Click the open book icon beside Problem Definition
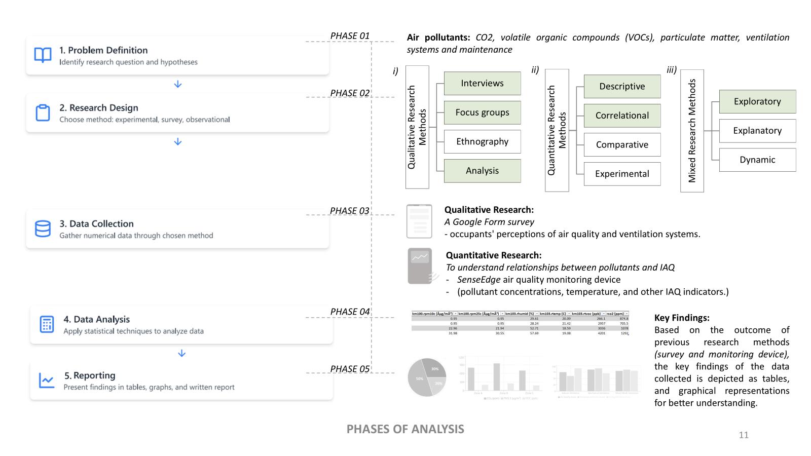pyautogui.click(x=43, y=55)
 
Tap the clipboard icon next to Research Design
pyautogui.click(x=43, y=112)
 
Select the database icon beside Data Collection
pyautogui.click(x=43, y=229)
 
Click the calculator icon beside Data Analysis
pyautogui.click(x=47, y=324)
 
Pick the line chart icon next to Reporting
pyautogui.click(x=47, y=381)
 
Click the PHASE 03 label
pyautogui.click(x=350, y=211)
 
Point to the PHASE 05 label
pyautogui.click(x=350, y=369)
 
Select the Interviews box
pyautogui.click(x=482, y=83)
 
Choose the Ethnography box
pyautogui.click(x=482, y=142)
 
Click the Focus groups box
pyautogui.click(x=482, y=112)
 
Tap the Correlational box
pyautogui.click(x=622, y=116)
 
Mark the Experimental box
pyautogui.click(x=622, y=174)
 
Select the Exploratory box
pyautogui.click(x=757, y=101)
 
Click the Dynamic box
pyautogui.click(x=757, y=160)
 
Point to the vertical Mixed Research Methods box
pyautogui.click(x=692, y=131)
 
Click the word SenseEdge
pyautogui.click(x=478, y=280)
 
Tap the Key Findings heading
pyautogui.click(x=682, y=318)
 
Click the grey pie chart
pyautogui.click(x=427, y=377)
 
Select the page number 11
pyautogui.click(x=744, y=435)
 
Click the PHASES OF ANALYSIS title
pyautogui.click(x=405, y=429)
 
